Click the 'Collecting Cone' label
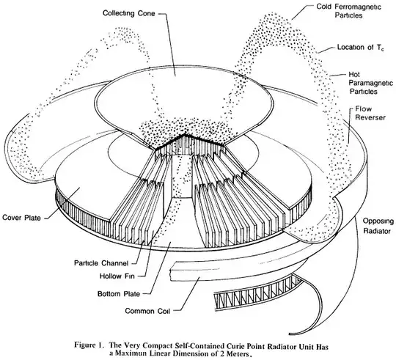128,13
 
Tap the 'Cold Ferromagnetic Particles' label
349,11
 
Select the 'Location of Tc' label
361,47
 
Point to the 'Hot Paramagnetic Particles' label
370,83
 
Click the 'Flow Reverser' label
370,114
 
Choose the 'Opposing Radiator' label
378,226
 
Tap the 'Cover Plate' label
21,217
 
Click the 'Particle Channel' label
101,263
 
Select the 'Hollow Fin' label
117,276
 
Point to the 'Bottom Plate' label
119,294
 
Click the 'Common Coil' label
147,311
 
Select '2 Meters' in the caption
233,353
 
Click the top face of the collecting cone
184,98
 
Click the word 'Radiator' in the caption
279,345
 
